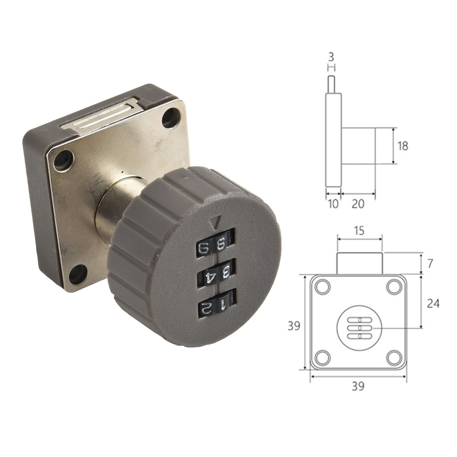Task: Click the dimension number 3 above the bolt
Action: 331,58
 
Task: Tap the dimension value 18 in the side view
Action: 403,146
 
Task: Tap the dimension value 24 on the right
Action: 433,304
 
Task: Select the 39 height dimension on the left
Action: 294,326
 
